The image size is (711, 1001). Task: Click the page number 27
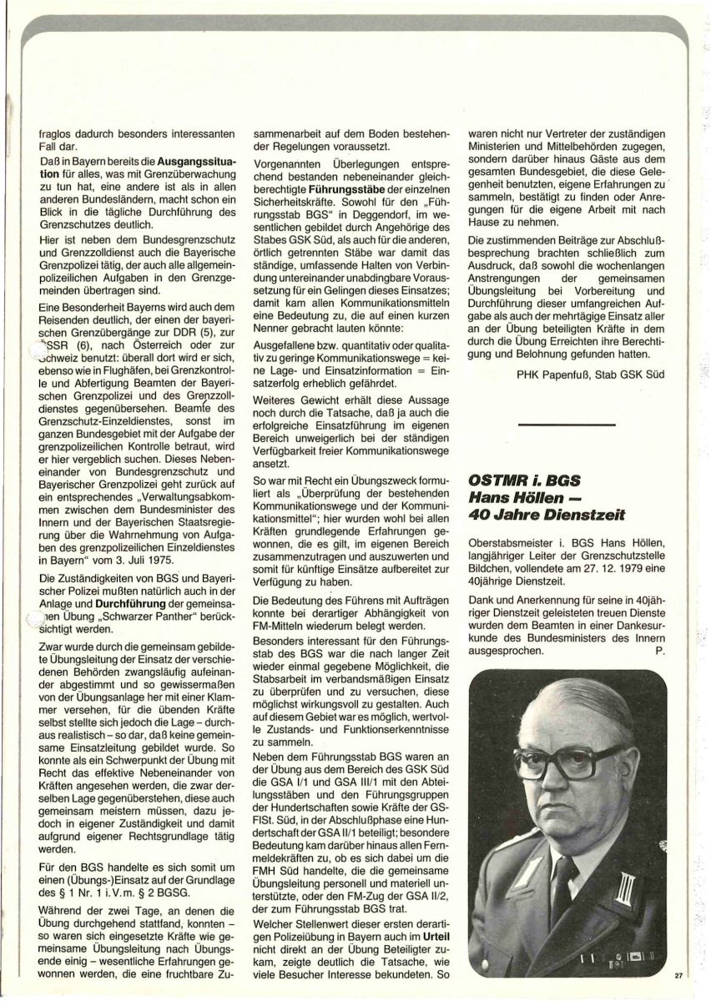point(678,974)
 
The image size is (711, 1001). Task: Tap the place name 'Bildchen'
point(493,571)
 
